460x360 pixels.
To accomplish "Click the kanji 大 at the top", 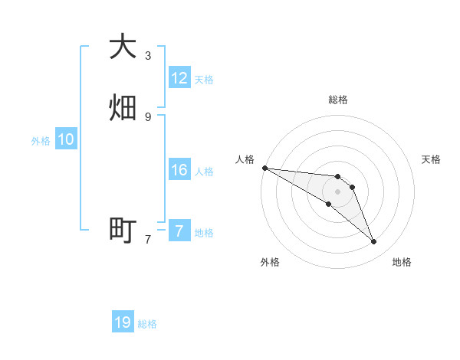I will (123, 47).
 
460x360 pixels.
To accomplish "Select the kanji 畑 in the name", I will (123, 107).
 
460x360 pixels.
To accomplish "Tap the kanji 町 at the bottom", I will (123, 229).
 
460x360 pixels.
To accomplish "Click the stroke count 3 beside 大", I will (147, 56).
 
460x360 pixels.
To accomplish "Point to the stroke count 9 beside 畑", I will (147, 116).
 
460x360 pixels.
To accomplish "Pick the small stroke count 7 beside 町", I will (147, 239).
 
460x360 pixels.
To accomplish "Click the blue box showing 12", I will (179, 78).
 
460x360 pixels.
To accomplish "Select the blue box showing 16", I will (179, 170).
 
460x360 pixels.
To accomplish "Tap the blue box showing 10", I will (66, 139).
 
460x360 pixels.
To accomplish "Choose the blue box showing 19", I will (123, 322).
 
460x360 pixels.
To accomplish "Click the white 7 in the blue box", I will (179, 231).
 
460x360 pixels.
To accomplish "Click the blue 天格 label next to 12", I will (204, 80).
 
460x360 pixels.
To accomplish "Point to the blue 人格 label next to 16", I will (204, 172).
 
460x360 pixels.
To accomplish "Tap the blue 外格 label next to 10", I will (41, 141).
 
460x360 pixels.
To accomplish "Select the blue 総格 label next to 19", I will (147, 324).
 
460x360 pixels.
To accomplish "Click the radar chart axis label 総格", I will (337, 100).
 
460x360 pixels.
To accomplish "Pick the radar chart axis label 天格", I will (431, 159).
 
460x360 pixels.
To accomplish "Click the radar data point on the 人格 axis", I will (264, 167).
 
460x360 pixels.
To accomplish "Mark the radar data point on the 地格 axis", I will (373, 242).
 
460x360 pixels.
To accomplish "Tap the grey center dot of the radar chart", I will (337, 191).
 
